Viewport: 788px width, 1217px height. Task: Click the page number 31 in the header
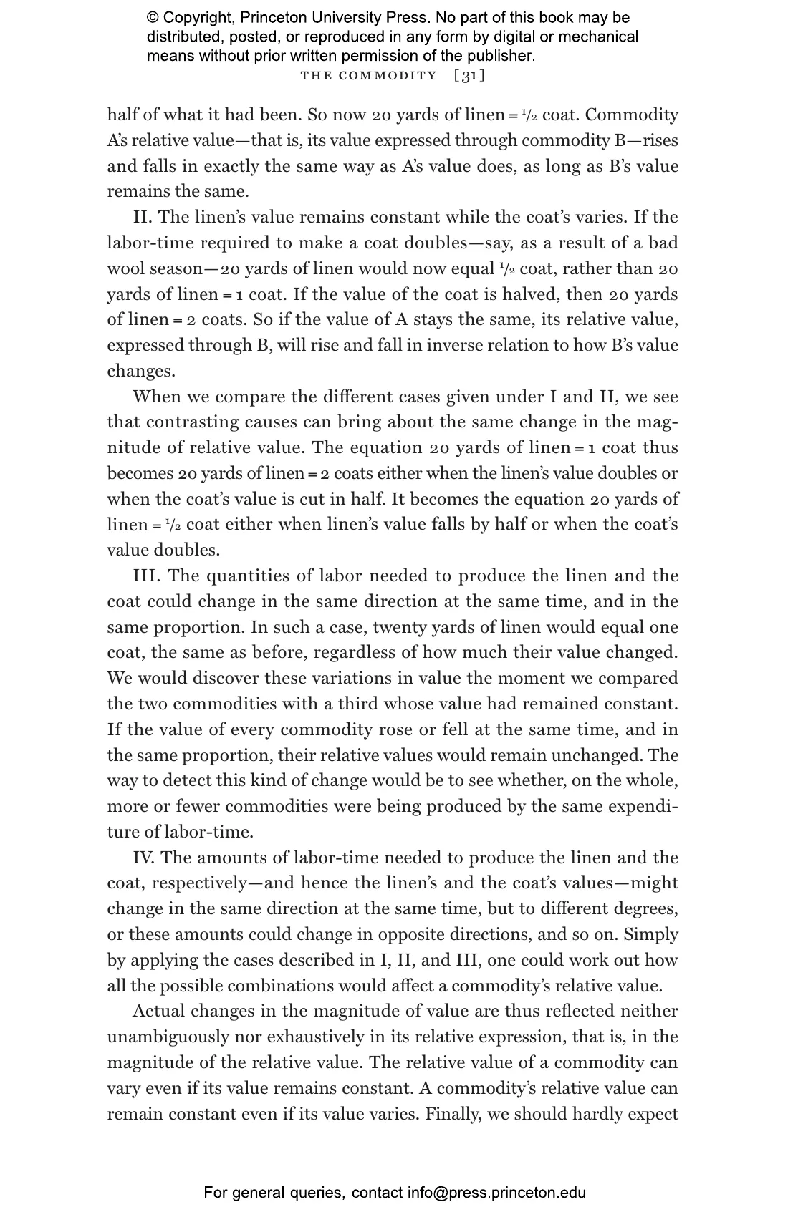tap(469, 76)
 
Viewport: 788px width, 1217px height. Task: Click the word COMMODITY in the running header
tap(388, 76)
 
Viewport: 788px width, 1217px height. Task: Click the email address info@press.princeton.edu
tap(496, 1192)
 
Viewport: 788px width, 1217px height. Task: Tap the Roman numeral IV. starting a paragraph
tap(144, 858)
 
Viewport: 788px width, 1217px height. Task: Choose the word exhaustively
tap(311, 1037)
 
